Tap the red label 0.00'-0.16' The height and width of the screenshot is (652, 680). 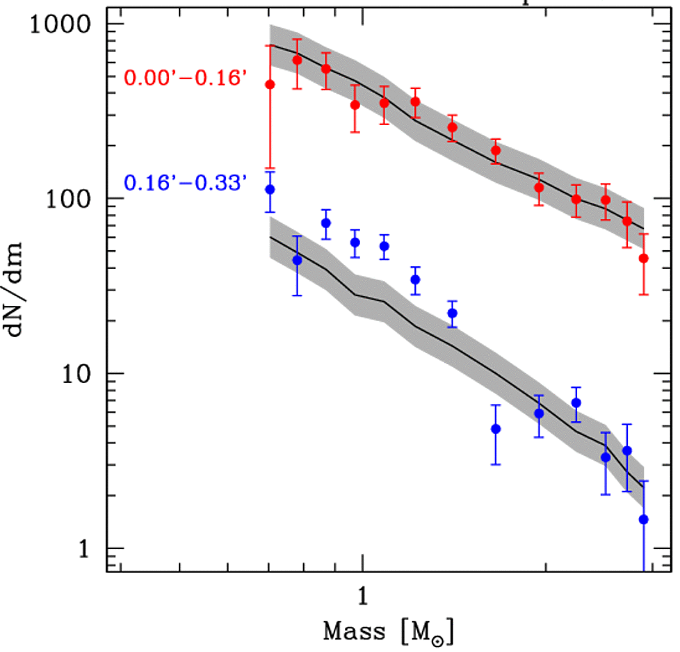pyautogui.click(x=186, y=78)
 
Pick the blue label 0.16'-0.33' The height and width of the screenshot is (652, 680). pyautogui.click(x=186, y=184)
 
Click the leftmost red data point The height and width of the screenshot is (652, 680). pyautogui.click(x=270, y=84)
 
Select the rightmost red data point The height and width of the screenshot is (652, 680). pyautogui.click(x=644, y=258)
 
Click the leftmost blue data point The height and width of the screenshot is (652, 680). pyautogui.click(x=270, y=189)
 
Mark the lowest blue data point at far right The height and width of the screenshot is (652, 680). pyautogui.click(x=644, y=519)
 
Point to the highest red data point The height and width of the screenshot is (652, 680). pyautogui.click(x=298, y=60)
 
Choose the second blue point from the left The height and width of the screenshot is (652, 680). pyautogui.click(x=298, y=260)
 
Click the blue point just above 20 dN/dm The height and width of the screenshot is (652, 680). pyautogui.click(x=453, y=313)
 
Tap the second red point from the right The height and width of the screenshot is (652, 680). pyautogui.click(x=627, y=221)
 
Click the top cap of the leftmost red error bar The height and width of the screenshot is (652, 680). pyautogui.click(x=270, y=45)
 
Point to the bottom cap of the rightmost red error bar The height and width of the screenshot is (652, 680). pyautogui.click(x=644, y=295)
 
